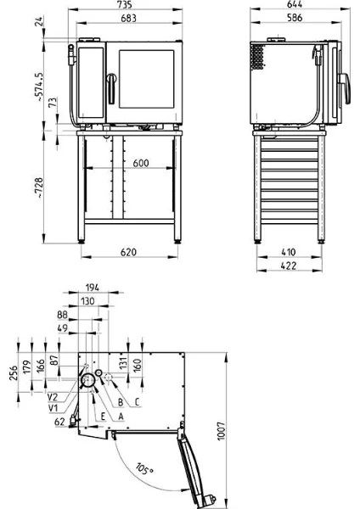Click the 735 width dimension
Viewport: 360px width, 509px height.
(x=125, y=4)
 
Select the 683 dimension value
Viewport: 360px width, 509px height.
(x=128, y=19)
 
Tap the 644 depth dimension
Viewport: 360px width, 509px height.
(x=295, y=4)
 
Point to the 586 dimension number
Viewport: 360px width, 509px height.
(x=295, y=18)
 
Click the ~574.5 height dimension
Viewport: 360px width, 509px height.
(x=39, y=87)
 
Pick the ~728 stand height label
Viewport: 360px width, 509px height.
(x=39, y=188)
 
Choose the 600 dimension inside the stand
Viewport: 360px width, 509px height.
(x=141, y=163)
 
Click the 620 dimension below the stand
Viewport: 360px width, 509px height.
(x=128, y=252)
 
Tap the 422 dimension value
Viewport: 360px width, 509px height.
(x=289, y=266)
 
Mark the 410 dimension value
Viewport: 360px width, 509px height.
(x=289, y=252)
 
